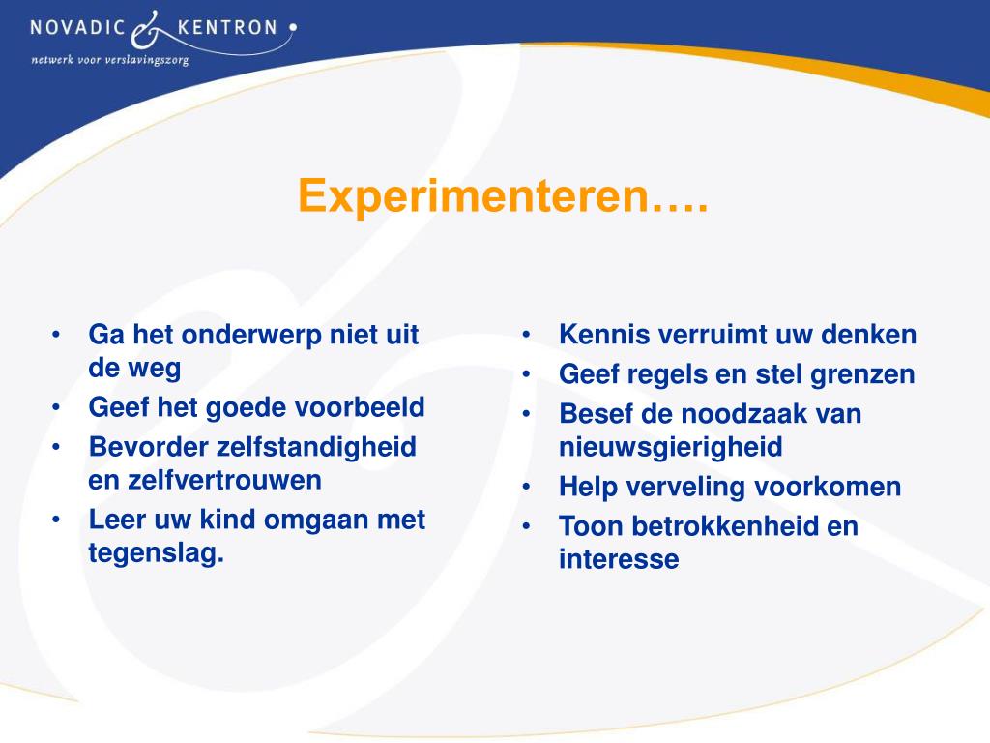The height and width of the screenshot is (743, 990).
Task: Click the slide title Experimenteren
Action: [x=503, y=196]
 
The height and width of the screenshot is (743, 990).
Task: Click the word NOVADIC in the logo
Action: [x=77, y=27]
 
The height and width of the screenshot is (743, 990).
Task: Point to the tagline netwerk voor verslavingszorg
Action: [x=109, y=59]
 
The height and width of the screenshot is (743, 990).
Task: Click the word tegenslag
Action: [x=156, y=552]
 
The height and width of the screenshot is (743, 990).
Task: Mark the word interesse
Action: [x=619, y=559]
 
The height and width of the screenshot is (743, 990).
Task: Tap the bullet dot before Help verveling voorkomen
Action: [x=528, y=487]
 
